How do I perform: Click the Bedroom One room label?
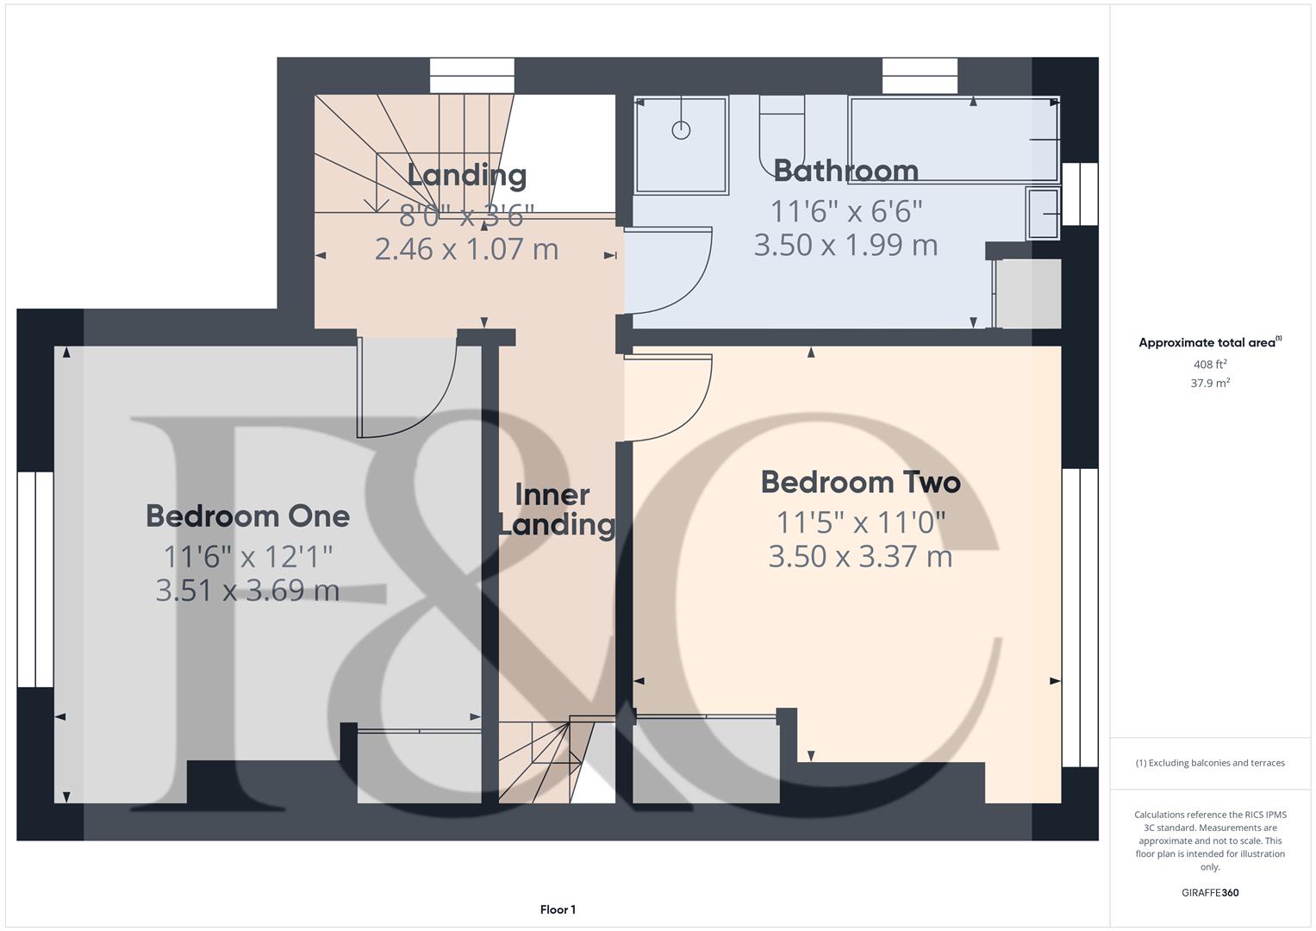[247, 516]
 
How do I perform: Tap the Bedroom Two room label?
[860, 482]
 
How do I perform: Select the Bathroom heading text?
[845, 171]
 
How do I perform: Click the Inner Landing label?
[555, 509]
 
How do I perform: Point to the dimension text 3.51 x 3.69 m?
[247, 590]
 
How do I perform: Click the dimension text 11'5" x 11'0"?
[860, 522]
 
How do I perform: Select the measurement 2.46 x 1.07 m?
[466, 249]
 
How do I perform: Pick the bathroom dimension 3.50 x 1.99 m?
[845, 245]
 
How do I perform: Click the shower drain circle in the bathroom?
[681, 131]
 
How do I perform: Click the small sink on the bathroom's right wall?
[1044, 213]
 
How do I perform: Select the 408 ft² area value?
[1209, 365]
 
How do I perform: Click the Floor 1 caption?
[558, 909]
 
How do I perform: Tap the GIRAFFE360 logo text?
[1209, 892]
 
